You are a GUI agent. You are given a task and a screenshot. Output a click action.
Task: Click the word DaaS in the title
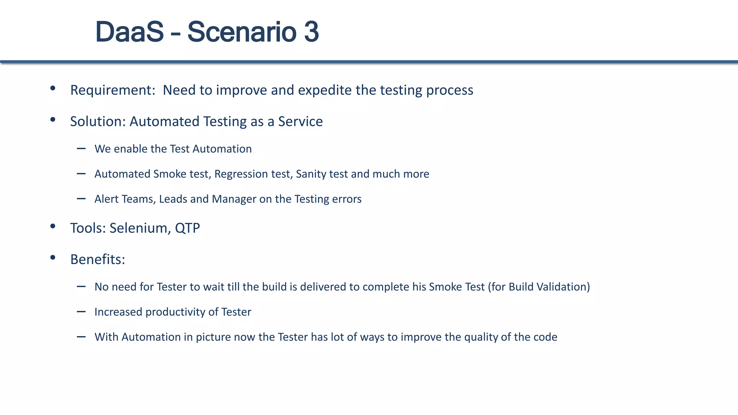click(129, 32)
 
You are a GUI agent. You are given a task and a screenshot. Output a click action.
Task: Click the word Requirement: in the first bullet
click(112, 90)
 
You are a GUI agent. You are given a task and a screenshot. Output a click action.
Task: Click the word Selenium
click(138, 228)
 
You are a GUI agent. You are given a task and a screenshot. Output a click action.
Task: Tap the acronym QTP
click(187, 228)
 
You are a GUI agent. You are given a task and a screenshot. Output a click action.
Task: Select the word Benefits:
click(98, 259)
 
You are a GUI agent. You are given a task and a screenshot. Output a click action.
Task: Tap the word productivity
click(175, 312)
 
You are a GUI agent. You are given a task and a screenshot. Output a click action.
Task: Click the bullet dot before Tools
click(53, 226)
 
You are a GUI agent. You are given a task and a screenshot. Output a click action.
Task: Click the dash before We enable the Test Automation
click(81, 148)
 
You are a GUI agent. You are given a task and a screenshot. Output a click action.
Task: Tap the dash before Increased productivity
click(81, 312)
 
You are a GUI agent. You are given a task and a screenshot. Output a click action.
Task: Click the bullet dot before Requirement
click(53, 88)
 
